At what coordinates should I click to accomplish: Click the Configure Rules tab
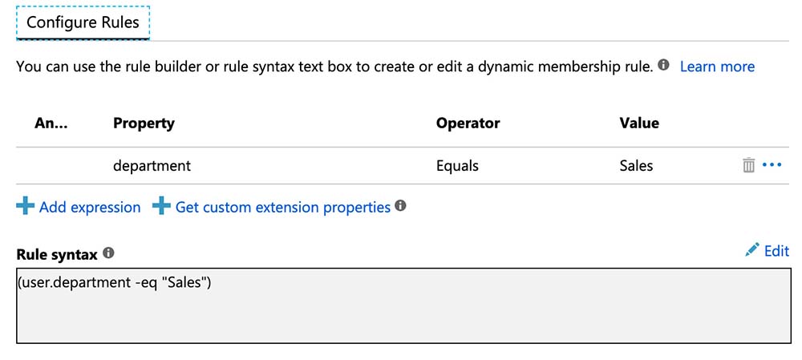coord(83,22)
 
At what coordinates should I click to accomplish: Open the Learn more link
coord(717,67)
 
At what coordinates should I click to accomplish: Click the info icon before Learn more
coord(663,65)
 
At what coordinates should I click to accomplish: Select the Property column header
coord(144,123)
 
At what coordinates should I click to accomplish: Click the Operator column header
coord(468,123)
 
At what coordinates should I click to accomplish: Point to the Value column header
coord(639,123)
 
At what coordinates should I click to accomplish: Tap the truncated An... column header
coord(52,123)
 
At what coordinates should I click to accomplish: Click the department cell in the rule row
coord(152,166)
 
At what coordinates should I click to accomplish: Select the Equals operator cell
coord(457,166)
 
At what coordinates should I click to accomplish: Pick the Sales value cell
coord(636,166)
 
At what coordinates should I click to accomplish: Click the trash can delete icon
coord(748,165)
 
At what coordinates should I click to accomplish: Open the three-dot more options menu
coord(772,165)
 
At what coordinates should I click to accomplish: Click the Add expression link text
coord(90,207)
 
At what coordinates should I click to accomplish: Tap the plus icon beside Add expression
coord(26,207)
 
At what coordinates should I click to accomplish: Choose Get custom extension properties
coord(282,207)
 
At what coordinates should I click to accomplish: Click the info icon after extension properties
coord(400,206)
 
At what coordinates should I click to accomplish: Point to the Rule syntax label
coord(56,254)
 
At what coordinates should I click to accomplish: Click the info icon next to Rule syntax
coord(108,253)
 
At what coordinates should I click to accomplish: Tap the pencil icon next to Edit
coord(751,250)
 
